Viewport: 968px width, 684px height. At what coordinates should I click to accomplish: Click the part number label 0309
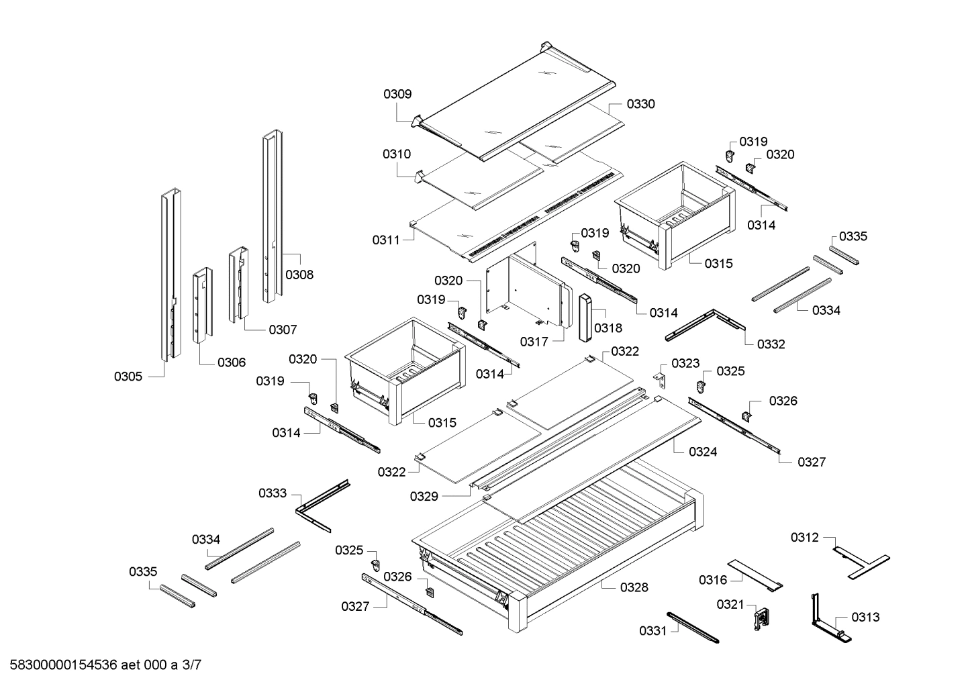pyautogui.click(x=397, y=95)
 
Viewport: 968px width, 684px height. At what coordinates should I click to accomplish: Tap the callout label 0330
pyautogui.click(x=640, y=104)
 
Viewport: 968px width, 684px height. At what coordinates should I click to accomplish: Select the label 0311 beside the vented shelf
pyautogui.click(x=386, y=240)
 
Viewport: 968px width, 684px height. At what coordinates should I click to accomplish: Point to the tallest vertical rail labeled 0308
pyautogui.click(x=273, y=215)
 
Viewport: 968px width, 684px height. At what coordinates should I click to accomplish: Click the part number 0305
pyautogui.click(x=128, y=377)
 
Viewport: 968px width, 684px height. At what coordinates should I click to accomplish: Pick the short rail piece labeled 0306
pyautogui.click(x=202, y=305)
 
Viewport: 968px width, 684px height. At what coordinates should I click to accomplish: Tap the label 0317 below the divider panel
pyautogui.click(x=534, y=342)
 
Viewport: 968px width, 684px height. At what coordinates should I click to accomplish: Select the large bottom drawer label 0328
pyautogui.click(x=634, y=587)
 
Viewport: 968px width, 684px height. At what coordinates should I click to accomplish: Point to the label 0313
pyautogui.click(x=865, y=617)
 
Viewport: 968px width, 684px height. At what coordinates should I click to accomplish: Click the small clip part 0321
pyautogui.click(x=759, y=617)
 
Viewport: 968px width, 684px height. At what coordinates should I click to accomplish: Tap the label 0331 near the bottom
pyautogui.click(x=652, y=630)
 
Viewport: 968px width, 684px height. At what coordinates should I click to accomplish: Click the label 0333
pyautogui.click(x=273, y=493)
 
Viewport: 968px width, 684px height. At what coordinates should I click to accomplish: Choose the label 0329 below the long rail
pyautogui.click(x=424, y=496)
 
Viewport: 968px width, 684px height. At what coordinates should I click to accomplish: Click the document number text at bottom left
pyautogui.click(x=101, y=665)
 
